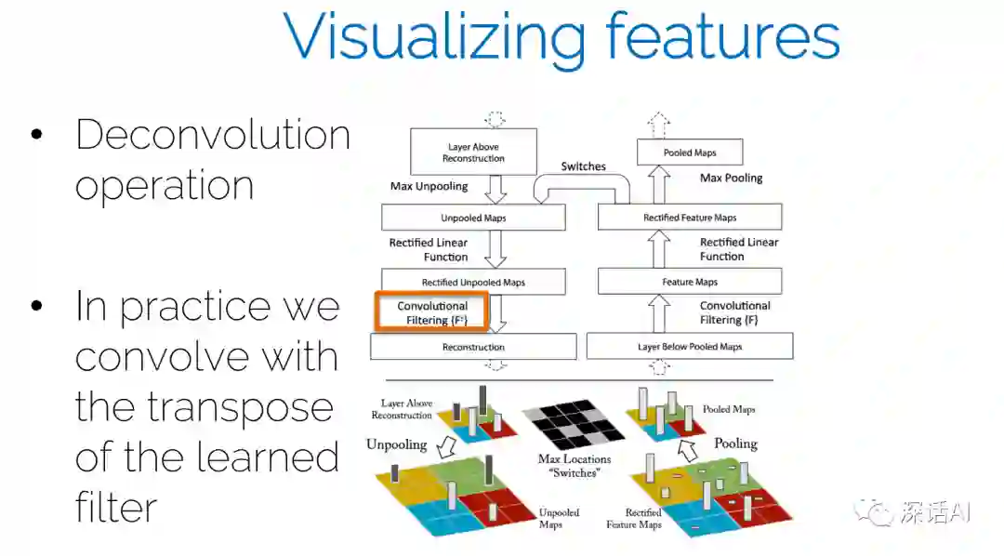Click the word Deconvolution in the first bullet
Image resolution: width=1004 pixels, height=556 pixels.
212,136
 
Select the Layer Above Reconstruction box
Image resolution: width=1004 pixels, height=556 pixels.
473,152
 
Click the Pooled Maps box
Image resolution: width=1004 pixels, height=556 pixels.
690,152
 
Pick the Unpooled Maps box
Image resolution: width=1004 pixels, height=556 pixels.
473,218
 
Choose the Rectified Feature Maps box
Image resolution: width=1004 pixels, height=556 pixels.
689,218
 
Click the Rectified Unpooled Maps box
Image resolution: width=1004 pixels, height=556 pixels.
473,283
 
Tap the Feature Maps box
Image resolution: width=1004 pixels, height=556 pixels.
689,282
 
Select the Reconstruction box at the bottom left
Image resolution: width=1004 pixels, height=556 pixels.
473,347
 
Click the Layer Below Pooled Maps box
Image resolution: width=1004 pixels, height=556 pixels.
689,347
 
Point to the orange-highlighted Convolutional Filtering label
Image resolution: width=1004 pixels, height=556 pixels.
431,312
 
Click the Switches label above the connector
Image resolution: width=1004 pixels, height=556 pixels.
583,167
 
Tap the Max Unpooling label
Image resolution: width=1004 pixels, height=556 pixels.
429,187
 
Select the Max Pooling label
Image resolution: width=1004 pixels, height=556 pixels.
731,178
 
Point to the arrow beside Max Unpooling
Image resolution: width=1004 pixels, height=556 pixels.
495,189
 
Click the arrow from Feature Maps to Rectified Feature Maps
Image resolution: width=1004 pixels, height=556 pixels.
658,249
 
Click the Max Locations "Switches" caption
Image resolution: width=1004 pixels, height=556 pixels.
575,466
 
